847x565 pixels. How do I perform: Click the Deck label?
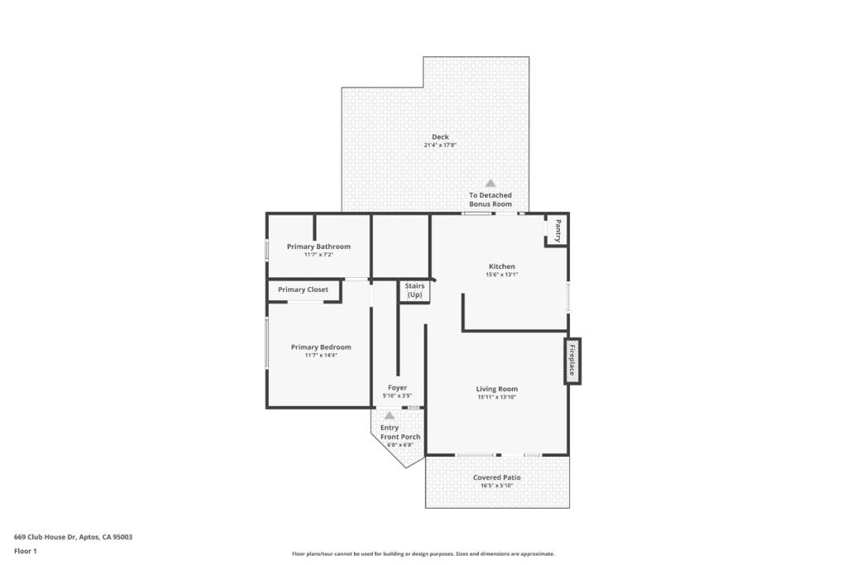(x=440, y=136)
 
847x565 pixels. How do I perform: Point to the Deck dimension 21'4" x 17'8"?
(x=440, y=146)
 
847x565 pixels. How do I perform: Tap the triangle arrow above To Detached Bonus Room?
(x=490, y=183)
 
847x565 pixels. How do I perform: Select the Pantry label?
(x=558, y=231)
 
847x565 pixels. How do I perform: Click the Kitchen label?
(x=502, y=266)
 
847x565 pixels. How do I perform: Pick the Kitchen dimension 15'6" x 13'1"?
(x=502, y=275)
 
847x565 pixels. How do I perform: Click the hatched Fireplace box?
(x=572, y=361)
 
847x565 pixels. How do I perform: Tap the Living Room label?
(x=497, y=389)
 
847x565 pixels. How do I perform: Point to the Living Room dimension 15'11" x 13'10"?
(x=497, y=397)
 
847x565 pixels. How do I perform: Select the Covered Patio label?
(x=497, y=477)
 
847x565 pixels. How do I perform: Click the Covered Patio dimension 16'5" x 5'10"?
(x=497, y=486)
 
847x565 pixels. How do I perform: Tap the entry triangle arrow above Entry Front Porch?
(x=390, y=415)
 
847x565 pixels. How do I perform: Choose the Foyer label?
(x=398, y=388)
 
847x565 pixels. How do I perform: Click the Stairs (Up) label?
(x=415, y=290)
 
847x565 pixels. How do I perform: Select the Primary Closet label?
(x=303, y=290)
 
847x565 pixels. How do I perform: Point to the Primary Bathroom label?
(x=318, y=247)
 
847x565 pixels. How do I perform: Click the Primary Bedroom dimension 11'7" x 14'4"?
(x=321, y=356)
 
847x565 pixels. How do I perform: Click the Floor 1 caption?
(x=26, y=552)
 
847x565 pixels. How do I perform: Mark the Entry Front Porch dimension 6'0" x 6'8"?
(x=400, y=445)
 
